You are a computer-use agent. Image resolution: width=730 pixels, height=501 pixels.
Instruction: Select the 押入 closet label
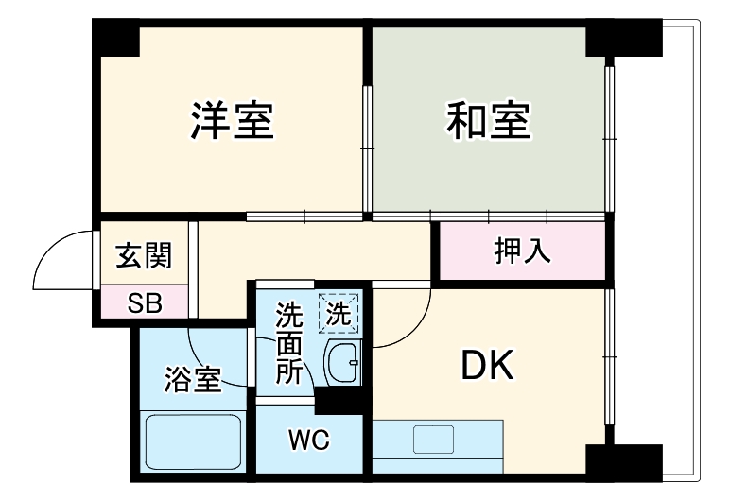(x=521, y=251)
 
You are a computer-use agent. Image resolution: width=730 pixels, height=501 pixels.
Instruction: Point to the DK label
(x=488, y=366)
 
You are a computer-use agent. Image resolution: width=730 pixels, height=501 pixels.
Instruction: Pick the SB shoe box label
(x=145, y=303)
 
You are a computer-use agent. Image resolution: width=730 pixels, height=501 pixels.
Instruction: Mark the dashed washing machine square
(x=339, y=313)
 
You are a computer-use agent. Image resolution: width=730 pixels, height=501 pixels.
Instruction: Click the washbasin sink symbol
(x=342, y=363)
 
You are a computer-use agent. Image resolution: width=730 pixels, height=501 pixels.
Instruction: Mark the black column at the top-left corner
(x=116, y=38)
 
